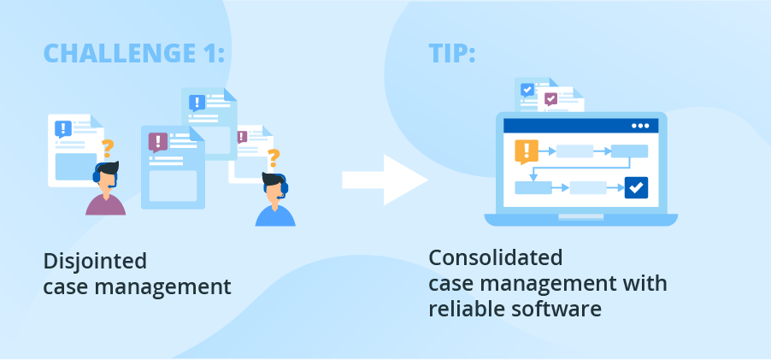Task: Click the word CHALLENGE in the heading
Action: coord(116,53)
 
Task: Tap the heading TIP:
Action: coord(451,53)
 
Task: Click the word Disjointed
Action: coord(95,260)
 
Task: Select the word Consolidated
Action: coord(495,257)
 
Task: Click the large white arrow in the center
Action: coord(384,180)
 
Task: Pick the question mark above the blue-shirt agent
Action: coord(274,158)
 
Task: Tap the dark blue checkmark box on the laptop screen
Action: coord(636,186)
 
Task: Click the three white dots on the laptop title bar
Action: coord(640,126)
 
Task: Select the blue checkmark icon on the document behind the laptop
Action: coord(527,89)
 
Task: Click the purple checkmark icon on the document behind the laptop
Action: coord(550,99)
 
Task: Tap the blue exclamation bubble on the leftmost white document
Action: coord(62,128)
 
